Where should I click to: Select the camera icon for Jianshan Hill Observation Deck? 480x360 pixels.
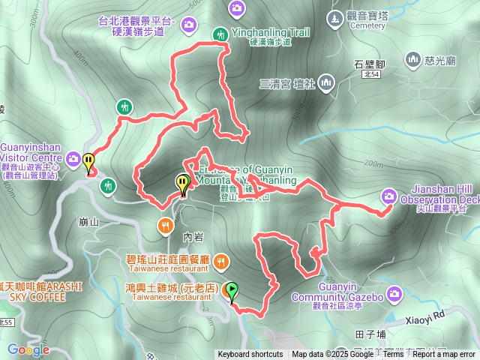point(388,196)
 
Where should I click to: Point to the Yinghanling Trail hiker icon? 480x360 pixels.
point(220,33)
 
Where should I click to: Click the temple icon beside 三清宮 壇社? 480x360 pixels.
point(326,82)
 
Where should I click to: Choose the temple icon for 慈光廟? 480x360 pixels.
point(412,58)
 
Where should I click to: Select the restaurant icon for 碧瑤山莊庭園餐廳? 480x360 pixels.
point(220,262)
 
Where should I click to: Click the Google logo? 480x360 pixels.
point(28,349)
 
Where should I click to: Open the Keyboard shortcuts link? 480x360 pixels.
point(250,355)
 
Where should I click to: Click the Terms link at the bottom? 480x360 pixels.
point(394,355)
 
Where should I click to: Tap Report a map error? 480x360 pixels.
point(443,355)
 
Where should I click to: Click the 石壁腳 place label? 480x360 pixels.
point(369,64)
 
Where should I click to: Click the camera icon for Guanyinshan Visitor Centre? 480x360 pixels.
point(73,158)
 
